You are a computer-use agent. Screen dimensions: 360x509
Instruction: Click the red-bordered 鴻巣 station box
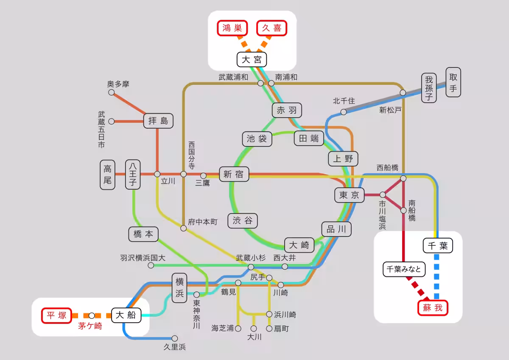[232, 28]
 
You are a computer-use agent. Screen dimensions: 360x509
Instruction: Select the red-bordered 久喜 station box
[272, 28]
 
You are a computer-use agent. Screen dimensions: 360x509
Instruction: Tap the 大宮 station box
[252, 60]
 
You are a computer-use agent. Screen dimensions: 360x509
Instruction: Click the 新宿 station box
[234, 174]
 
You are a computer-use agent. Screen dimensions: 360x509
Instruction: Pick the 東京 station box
[349, 195]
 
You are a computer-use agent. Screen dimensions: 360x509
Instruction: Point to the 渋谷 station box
[243, 221]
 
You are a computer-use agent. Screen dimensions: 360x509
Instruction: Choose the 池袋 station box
[257, 139]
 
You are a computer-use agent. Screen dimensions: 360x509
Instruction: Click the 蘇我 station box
[433, 308]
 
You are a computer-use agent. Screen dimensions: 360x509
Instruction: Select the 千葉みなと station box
[404, 269]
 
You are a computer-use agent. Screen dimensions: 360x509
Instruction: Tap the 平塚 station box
[56, 315]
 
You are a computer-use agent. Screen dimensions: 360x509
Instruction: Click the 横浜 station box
[180, 288]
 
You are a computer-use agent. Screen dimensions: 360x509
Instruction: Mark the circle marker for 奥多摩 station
[111, 93]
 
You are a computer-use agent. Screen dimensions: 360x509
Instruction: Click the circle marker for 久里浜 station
[174, 338]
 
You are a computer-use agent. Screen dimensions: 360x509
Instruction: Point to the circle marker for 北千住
[344, 112]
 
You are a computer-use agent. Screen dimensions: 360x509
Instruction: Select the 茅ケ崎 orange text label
[90, 326]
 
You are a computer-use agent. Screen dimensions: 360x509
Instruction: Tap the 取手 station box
[453, 82]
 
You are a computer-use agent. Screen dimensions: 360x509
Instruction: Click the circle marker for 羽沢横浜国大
[151, 265]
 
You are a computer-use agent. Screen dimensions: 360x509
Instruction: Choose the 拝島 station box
[158, 121]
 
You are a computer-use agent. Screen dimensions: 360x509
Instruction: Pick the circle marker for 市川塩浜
[383, 195]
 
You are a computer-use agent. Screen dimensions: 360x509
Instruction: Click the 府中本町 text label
[203, 222]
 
